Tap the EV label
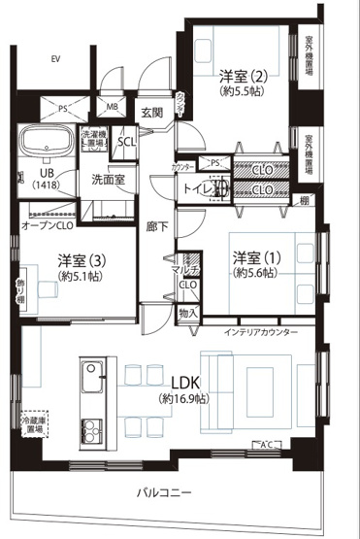click(x=55, y=60)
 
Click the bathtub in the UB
click(x=42, y=143)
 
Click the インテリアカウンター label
click(x=262, y=333)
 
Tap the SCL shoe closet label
click(x=127, y=142)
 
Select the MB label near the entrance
click(x=112, y=107)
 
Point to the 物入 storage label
click(x=187, y=313)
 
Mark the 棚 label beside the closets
click(x=305, y=200)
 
